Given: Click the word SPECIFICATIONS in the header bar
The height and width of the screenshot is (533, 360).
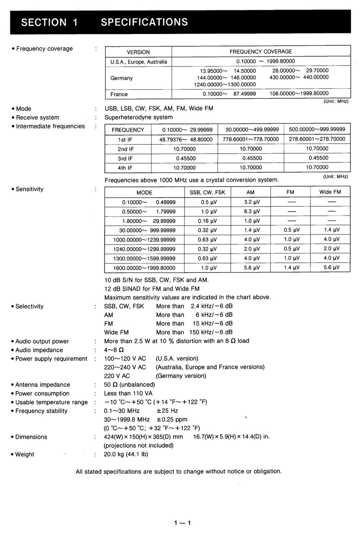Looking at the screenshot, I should click(x=144, y=22).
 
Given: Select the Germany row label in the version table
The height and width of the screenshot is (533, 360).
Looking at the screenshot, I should click(x=121, y=78).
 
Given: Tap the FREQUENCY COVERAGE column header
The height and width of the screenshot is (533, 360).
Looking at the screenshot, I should click(x=261, y=51).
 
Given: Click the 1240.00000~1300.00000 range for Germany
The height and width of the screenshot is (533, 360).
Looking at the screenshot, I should click(x=225, y=84).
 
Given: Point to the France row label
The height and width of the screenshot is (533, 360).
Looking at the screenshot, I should click(x=119, y=94).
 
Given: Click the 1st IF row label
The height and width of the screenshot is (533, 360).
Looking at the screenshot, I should click(x=126, y=140).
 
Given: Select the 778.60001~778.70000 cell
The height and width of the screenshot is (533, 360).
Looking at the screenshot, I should click(x=251, y=139).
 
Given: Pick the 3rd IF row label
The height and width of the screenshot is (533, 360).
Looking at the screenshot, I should click(x=126, y=159).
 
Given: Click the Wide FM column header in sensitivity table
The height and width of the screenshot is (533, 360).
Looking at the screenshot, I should click(x=330, y=192).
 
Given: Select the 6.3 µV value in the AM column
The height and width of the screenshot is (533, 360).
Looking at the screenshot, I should click(x=252, y=211).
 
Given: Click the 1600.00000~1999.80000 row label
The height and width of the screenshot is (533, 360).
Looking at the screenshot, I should click(x=144, y=268).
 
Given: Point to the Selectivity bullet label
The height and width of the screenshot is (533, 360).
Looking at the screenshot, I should click(x=30, y=306).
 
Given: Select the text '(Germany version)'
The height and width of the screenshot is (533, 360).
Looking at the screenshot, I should click(x=181, y=376).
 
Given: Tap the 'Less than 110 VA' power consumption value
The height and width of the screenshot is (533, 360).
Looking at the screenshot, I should click(x=128, y=393).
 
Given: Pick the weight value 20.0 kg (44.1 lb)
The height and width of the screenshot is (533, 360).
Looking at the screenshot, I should click(x=126, y=454).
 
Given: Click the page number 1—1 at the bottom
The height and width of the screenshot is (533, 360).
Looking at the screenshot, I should click(x=182, y=523).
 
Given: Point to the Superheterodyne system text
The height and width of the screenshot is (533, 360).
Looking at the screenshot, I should click(x=139, y=117).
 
